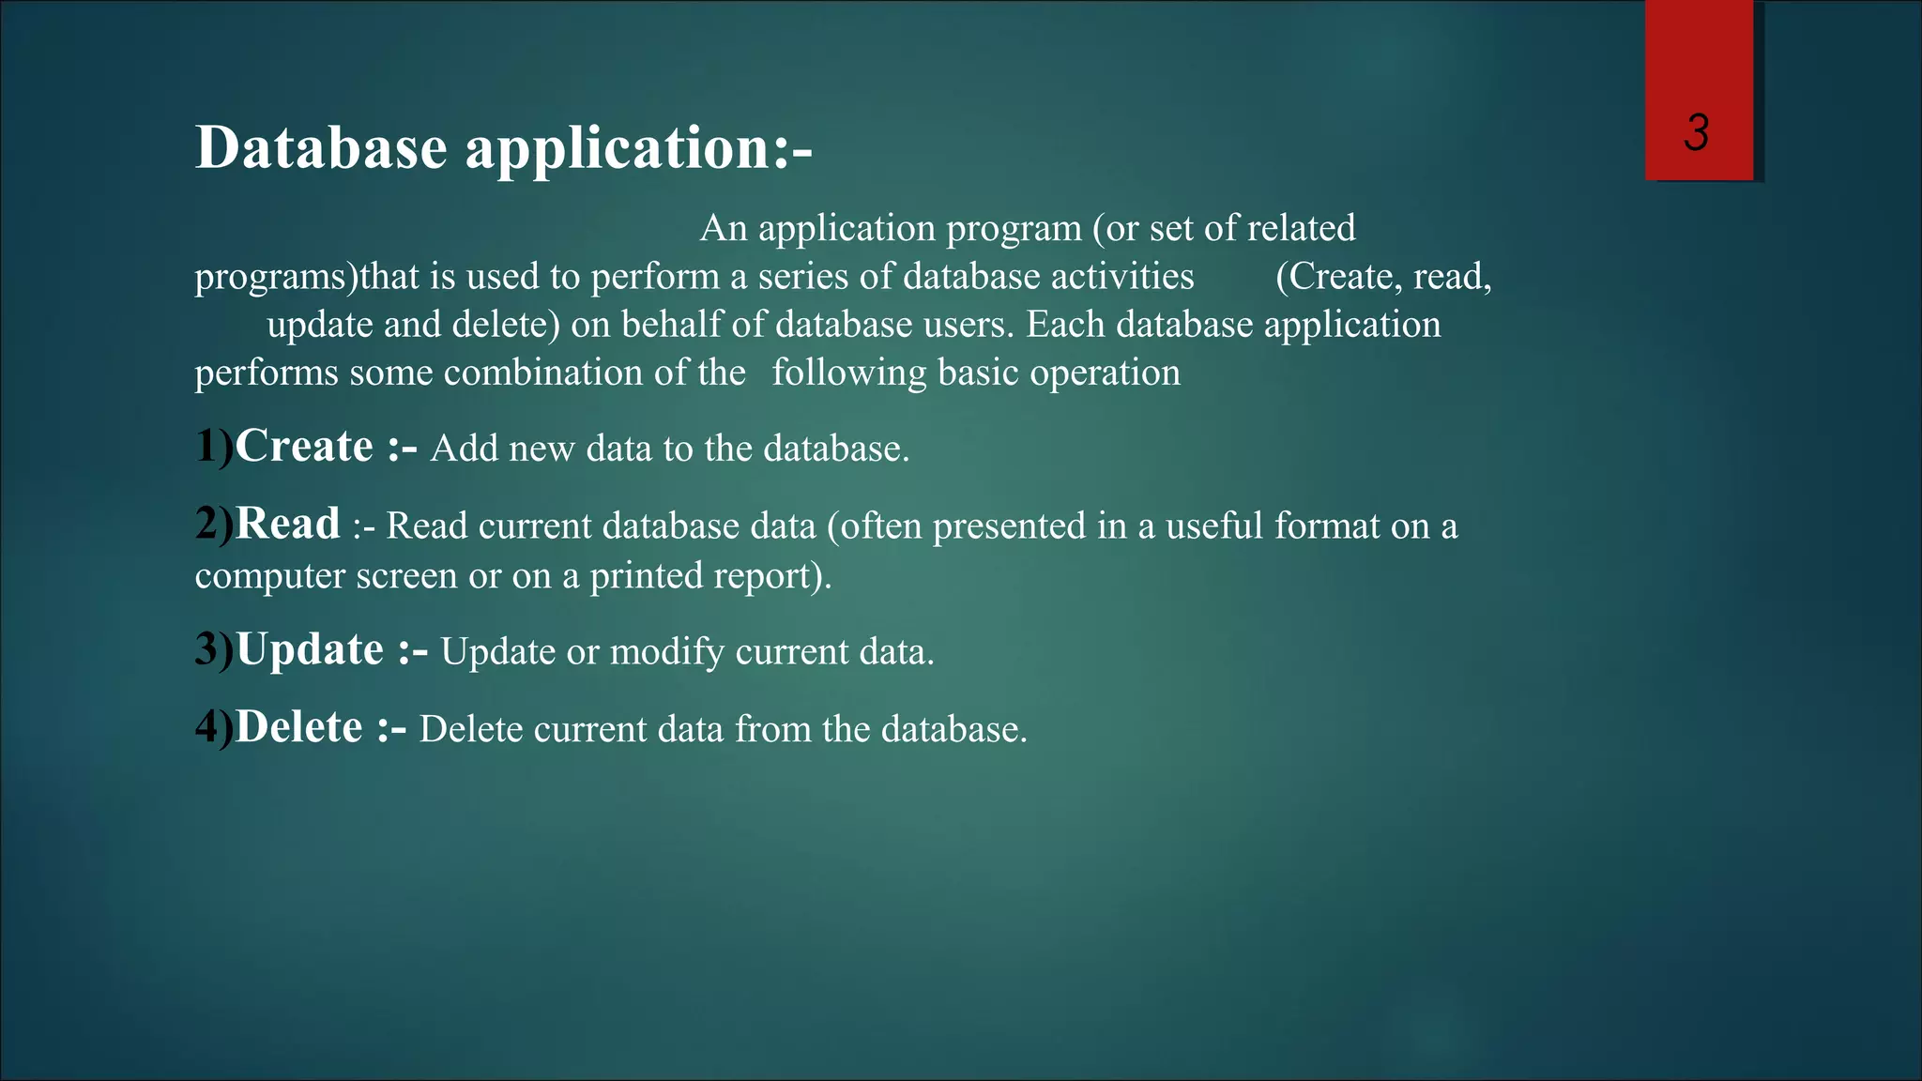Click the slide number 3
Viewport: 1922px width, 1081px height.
[x=1696, y=132]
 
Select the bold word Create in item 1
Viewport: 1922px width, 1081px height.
[x=304, y=446]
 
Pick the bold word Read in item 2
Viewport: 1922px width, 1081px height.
[x=287, y=524]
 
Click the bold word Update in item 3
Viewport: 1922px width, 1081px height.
[x=310, y=649]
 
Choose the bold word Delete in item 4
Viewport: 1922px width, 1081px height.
[x=298, y=727]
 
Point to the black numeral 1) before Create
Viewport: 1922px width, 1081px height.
[x=214, y=447]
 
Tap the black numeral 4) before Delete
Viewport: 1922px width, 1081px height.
[x=214, y=728]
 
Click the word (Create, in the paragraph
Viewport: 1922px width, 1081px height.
[x=1336, y=277]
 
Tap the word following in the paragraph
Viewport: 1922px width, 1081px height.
[x=848, y=373]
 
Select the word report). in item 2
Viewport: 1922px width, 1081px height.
[x=772, y=576]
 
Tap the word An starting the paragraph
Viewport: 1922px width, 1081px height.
[x=724, y=229]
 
